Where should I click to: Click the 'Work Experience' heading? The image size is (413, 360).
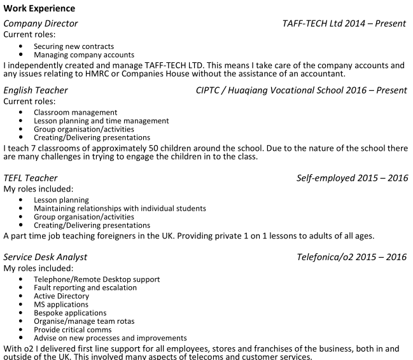click(39, 8)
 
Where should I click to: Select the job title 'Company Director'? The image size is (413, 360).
click(41, 24)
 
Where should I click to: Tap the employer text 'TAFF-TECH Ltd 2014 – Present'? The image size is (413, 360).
click(344, 24)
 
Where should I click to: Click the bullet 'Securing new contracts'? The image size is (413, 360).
click(74, 46)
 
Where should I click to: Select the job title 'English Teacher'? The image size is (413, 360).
click(36, 90)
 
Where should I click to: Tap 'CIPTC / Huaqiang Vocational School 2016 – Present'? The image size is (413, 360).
click(302, 90)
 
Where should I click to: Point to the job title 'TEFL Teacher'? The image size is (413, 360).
click(31, 178)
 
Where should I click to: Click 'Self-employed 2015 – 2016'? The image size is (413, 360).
click(352, 178)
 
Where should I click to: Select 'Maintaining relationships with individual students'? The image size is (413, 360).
click(120, 209)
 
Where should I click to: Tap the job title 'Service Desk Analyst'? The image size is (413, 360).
click(45, 257)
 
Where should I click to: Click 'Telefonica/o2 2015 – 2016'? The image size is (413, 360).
click(351, 257)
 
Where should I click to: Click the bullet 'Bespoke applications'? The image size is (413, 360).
click(70, 313)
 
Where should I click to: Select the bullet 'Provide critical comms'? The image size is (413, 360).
click(73, 329)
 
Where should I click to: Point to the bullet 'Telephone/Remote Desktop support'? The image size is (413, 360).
click(97, 279)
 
